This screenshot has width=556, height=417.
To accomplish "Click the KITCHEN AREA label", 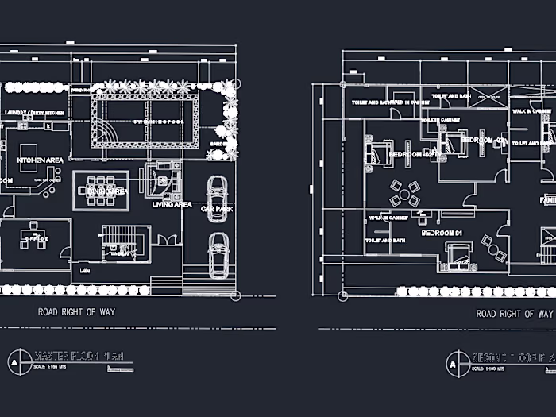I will (40, 160).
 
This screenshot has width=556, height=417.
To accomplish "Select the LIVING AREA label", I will (172, 204).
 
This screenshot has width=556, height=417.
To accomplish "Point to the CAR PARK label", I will (216, 209).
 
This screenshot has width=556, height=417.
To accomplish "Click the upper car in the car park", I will (217, 195).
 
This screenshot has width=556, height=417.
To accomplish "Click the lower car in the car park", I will (218, 253).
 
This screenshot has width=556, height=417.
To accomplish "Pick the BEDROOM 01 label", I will (442, 233).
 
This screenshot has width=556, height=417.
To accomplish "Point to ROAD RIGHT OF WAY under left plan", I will (76, 312).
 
